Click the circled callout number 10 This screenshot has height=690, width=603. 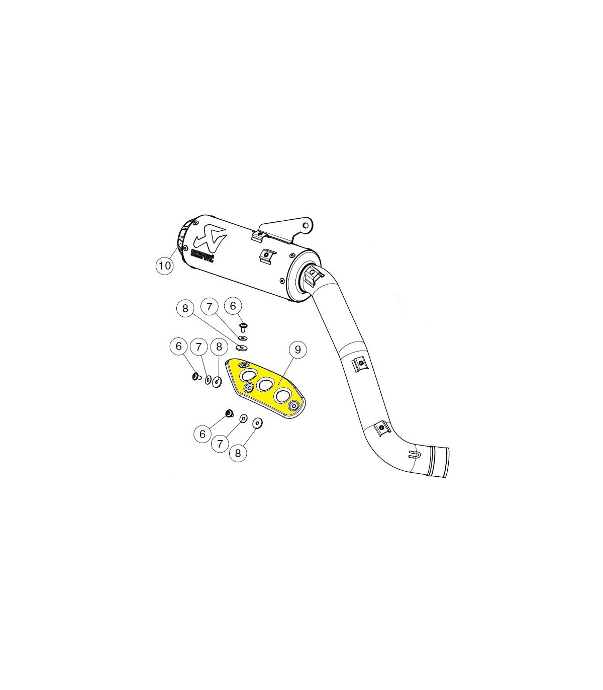(165, 265)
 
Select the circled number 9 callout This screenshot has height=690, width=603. (297, 349)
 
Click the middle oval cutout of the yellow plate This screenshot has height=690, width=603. (264, 385)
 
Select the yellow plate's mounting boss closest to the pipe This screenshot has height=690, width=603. (293, 405)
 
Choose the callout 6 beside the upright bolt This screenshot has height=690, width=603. (233, 305)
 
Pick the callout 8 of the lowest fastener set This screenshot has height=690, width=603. (238, 453)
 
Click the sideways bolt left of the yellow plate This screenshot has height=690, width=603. (195, 376)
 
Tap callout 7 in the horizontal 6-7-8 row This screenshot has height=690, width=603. (198, 346)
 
